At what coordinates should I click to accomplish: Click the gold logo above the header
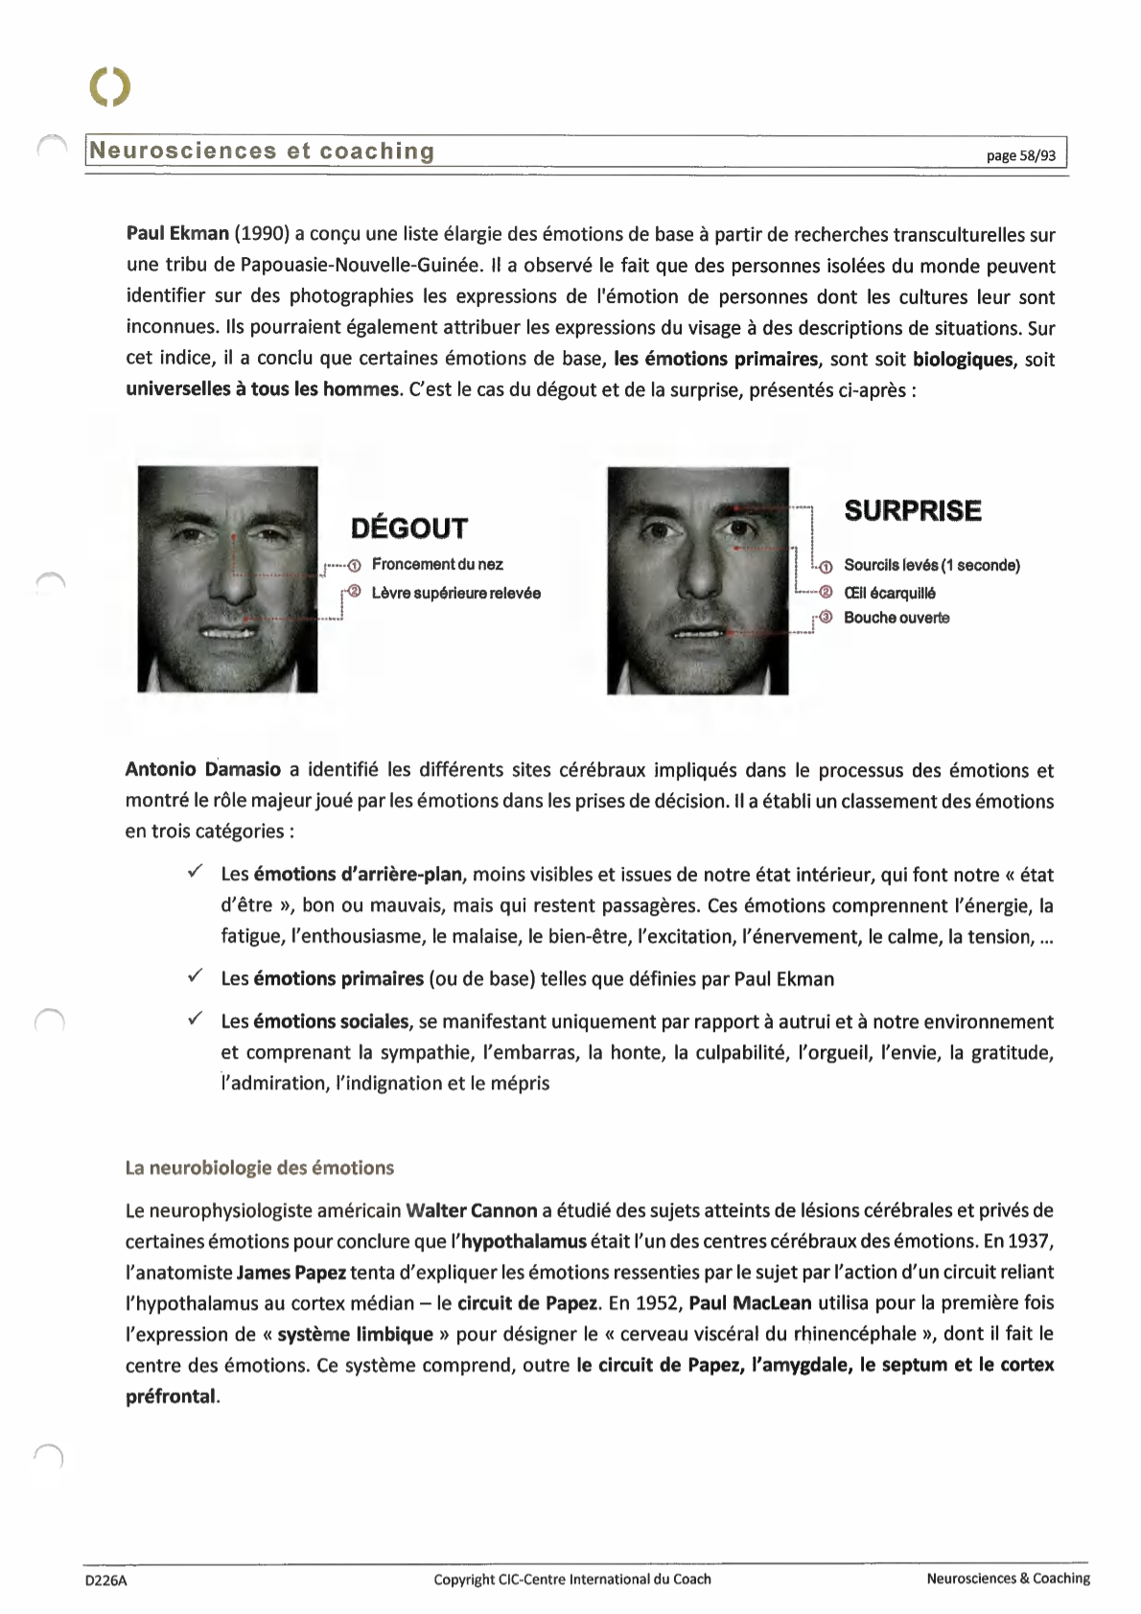pos(109,87)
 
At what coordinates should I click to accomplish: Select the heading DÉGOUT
pos(408,528)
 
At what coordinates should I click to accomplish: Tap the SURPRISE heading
pos(912,511)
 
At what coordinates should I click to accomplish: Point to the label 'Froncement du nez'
pos(436,565)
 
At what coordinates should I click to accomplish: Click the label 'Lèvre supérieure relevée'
pos(455,594)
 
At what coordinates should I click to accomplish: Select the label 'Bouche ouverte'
pos(896,618)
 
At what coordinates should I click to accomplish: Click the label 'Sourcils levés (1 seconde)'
pos(931,565)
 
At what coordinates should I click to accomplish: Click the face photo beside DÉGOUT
pos(227,578)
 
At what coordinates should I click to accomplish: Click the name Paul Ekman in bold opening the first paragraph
pos(177,234)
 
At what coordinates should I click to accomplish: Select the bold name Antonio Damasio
pos(202,770)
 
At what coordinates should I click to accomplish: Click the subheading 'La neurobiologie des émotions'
pos(259,1168)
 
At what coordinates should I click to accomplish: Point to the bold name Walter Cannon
pos(471,1210)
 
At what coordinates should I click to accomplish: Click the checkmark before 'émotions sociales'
pos(194,1018)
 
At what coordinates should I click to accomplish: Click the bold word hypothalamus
pos(524,1242)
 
